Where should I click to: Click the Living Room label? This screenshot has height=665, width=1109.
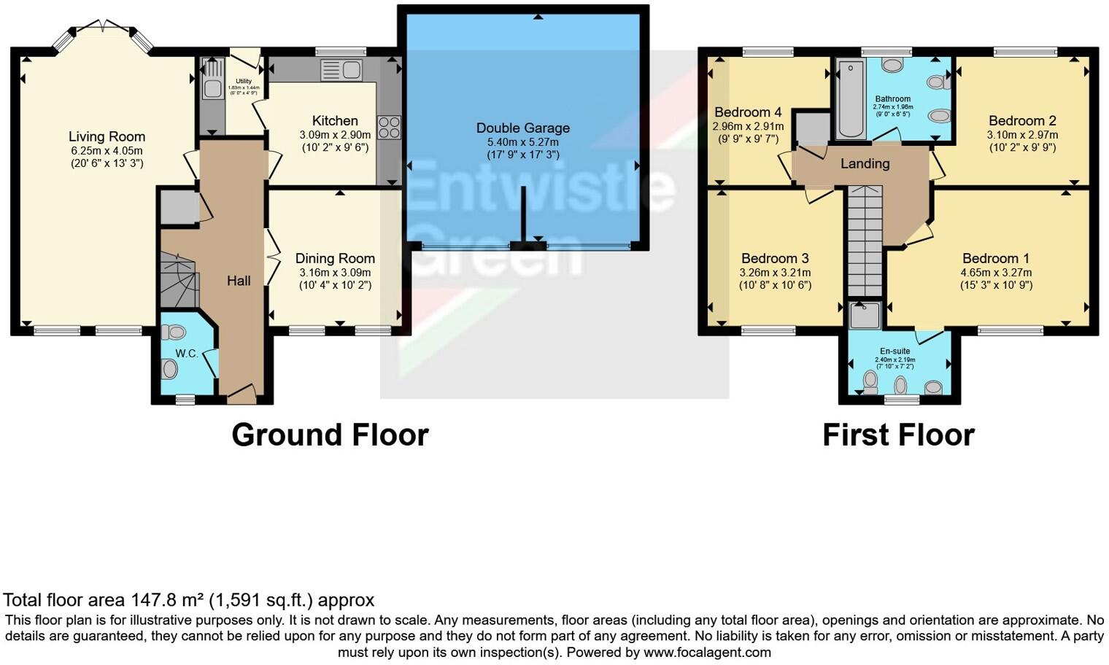[107, 136]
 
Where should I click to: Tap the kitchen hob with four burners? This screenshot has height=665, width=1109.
[388, 128]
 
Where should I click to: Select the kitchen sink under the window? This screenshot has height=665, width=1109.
[341, 70]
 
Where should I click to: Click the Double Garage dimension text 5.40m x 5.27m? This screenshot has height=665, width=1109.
[522, 142]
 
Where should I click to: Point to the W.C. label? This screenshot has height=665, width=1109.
[187, 354]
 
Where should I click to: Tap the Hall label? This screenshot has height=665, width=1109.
[239, 281]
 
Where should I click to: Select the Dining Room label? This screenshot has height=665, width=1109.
[335, 258]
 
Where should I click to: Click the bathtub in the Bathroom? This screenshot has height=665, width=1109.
[850, 100]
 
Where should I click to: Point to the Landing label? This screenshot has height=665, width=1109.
[865, 163]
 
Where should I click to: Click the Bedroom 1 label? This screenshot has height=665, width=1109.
[996, 258]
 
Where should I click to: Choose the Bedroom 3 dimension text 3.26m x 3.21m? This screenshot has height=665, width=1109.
[775, 273]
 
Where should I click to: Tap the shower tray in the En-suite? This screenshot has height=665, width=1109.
[865, 315]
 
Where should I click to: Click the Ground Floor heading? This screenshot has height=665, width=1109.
[330, 435]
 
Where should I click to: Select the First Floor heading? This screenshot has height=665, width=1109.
[898, 435]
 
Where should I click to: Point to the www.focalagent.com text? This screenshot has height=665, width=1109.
[707, 652]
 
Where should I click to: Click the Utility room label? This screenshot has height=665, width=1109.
[244, 81]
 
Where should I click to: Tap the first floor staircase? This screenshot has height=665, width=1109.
[865, 241]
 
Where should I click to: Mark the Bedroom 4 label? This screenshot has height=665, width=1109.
[748, 112]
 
